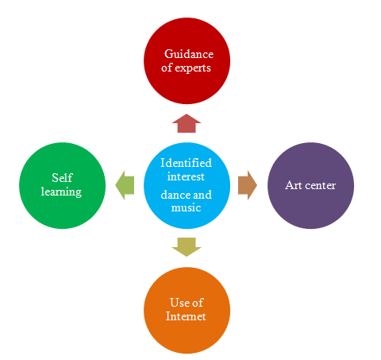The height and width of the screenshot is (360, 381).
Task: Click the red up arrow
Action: click(x=187, y=123)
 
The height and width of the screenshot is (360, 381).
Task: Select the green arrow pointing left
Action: click(x=125, y=185)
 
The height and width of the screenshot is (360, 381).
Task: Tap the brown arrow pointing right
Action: click(x=248, y=185)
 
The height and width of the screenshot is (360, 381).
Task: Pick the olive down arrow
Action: click(x=187, y=247)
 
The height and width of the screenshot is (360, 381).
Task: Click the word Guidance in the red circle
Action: click(x=189, y=54)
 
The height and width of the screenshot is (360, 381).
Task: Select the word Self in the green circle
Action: click(x=62, y=178)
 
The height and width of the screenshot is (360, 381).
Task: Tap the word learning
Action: click(x=61, y=192)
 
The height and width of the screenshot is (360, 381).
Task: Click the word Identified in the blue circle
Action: click(x=186, y=163)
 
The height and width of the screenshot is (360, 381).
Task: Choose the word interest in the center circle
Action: click(x=186, y=176)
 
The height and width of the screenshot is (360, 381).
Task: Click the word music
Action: click(x=186, y=207)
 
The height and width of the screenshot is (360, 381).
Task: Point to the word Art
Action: click(x=294, y=185)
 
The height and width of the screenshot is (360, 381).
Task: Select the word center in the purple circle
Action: click(x=320, y=185)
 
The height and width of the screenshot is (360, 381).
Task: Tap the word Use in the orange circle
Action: click(x=179, y=303)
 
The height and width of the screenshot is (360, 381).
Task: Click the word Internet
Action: click(x=186, y=316)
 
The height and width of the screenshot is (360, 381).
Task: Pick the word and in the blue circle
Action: click(x=202, y=195)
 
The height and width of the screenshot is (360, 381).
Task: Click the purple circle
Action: click(x=310, y=185)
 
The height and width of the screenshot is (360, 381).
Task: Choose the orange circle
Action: click(x=187, y=310)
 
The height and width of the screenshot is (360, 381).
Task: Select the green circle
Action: click(x=63, y=185)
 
